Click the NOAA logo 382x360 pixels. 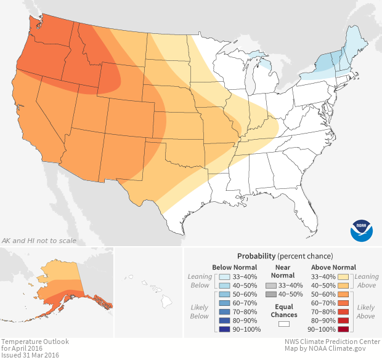(361, 228)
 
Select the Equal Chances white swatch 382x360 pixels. (283, 323)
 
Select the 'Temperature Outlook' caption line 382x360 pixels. (35, 342)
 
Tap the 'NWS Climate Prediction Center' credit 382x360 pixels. (332, 342)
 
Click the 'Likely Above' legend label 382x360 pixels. (366, 312)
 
